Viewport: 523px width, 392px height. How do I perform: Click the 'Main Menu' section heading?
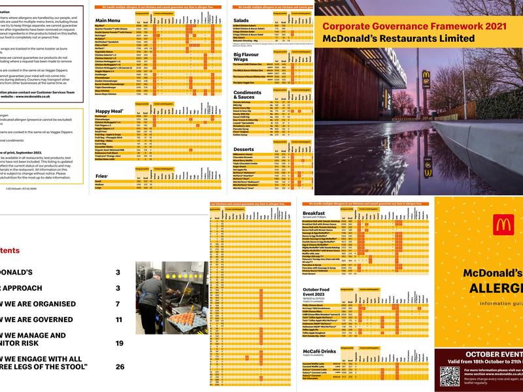109,20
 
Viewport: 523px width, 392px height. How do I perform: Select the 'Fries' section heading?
101,176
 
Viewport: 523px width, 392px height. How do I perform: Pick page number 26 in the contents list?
120,367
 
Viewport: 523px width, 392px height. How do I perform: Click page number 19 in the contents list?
120,343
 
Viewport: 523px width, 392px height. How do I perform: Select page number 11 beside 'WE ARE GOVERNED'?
119,319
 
